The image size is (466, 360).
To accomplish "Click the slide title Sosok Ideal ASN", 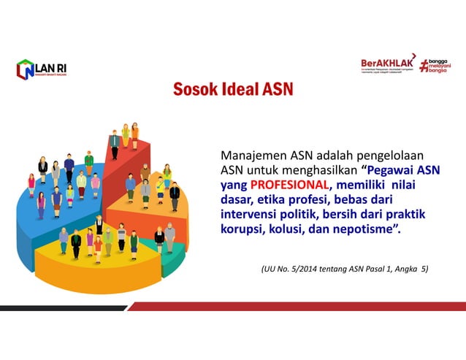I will [233, 90].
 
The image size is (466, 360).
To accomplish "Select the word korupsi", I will [242, 230].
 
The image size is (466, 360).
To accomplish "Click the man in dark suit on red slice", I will [114, 143].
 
